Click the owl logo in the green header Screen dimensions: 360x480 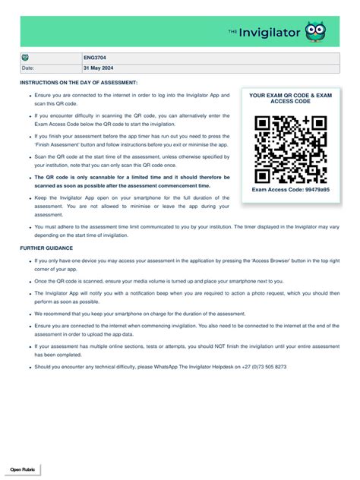316,32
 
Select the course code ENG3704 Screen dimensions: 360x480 94,58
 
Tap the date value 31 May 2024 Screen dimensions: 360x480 99,68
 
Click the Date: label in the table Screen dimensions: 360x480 28,68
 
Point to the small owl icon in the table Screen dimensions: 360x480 25,58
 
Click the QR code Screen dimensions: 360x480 291,150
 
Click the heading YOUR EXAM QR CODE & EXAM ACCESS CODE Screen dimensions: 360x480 291,98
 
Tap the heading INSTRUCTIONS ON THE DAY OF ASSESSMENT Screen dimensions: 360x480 78,81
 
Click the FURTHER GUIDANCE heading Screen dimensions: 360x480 46,248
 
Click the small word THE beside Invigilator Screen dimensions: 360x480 233,31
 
